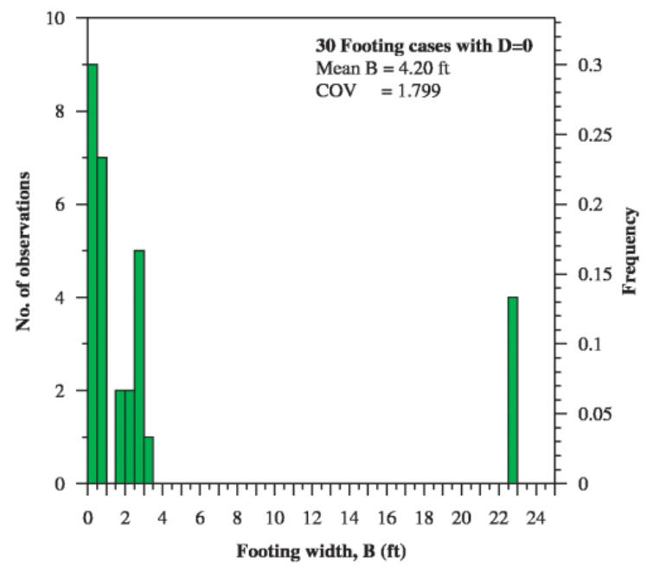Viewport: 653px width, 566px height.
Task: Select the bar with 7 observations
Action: pos(102,321)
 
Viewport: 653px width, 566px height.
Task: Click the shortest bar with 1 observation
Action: pos(149,461)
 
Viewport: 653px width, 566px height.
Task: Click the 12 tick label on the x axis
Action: pos(312,518)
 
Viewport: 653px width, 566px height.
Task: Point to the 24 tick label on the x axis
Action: pos(537,518)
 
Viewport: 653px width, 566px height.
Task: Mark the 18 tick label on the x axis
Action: pos(425,518)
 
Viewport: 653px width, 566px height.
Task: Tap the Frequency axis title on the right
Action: pos(631,251)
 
